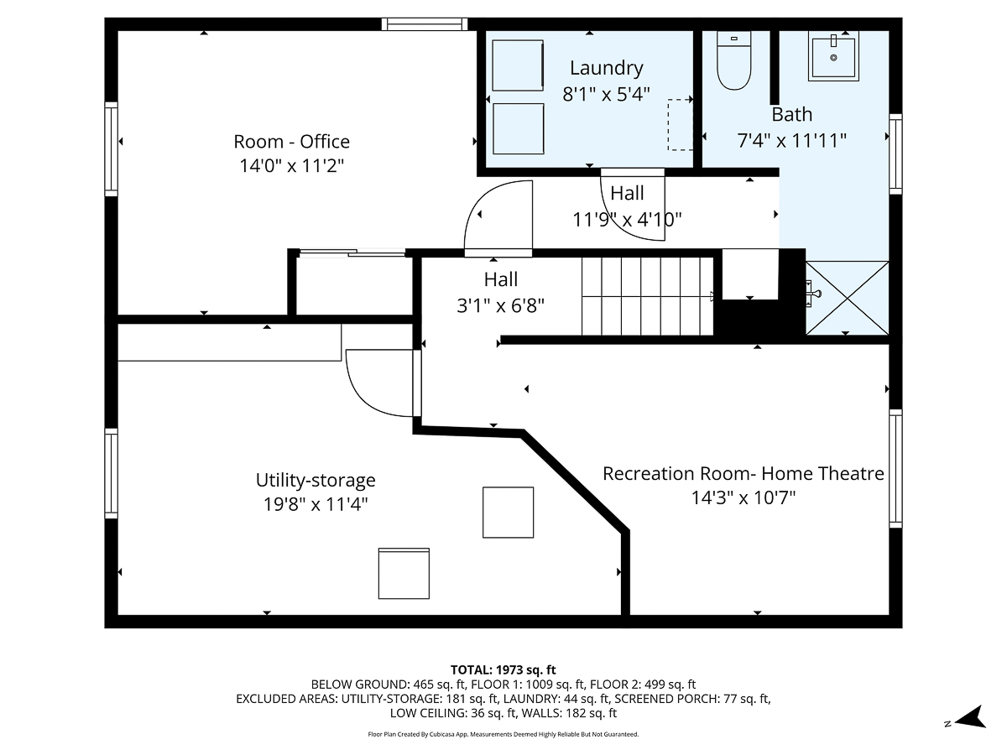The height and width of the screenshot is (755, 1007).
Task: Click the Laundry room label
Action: tap(606, 68)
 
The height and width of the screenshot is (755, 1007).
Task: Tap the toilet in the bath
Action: tap(733, 64)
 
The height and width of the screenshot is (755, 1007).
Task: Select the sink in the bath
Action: tap(833, 55)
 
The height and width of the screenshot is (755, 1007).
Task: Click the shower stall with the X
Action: tap(846, 298)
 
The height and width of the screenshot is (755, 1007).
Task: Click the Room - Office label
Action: tap(291, 142)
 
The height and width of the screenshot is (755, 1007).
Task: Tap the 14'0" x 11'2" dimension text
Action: tap(291, 166)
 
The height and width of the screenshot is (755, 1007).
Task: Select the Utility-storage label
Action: tap(316, 481)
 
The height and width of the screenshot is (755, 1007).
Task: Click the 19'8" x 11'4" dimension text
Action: tap(316, 505)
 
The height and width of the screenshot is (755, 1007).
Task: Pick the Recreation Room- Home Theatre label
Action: tap(743, 474)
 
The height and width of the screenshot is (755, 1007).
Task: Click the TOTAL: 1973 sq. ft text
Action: tap(503, 669)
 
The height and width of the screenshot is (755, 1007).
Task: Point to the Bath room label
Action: tap(791, 115)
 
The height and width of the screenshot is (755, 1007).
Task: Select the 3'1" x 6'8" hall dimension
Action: tap(500, 306)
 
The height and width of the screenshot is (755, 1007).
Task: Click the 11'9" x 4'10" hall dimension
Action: tap(627, 220)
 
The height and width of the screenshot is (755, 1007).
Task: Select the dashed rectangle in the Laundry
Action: tap(681, 124)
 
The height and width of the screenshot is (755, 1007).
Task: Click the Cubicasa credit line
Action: tap(503, 734)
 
